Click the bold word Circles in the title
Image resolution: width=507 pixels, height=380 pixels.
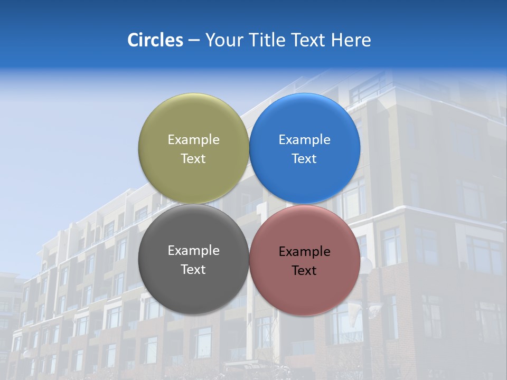coord(155,40)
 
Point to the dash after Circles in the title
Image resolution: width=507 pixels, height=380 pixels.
coord(194,41)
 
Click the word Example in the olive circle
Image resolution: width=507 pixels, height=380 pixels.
coord(193,139)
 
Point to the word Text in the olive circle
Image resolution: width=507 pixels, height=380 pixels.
coord(193,158)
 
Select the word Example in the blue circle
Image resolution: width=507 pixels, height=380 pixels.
coord(305,139)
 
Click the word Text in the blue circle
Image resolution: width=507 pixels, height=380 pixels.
coord(305,158)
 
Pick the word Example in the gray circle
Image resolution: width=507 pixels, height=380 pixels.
coord(193,250)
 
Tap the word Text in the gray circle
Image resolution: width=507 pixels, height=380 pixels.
coord(193,269)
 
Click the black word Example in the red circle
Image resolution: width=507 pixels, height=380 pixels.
coord(305,251)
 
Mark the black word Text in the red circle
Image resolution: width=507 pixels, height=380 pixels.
coord(305,270)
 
